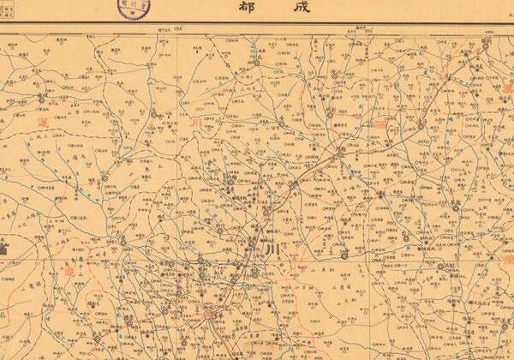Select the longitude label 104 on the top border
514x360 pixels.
tap(180, 29)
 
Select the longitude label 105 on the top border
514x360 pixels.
tap(350, 29)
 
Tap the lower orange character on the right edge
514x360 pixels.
tap(508, 257)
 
